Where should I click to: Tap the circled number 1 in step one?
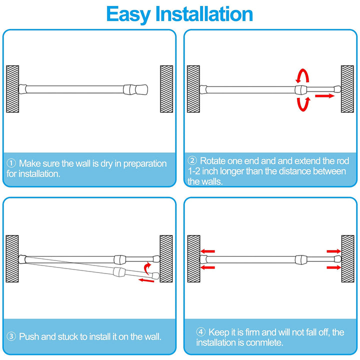11,163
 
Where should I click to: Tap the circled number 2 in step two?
192,161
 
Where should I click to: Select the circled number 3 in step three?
11,336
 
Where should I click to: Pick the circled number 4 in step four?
201,332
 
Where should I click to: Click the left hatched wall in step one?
12,89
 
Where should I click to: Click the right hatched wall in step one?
166,89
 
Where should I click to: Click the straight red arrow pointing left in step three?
146,281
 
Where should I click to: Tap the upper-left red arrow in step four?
208,251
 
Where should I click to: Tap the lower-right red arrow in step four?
332,268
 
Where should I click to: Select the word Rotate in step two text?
213,161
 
